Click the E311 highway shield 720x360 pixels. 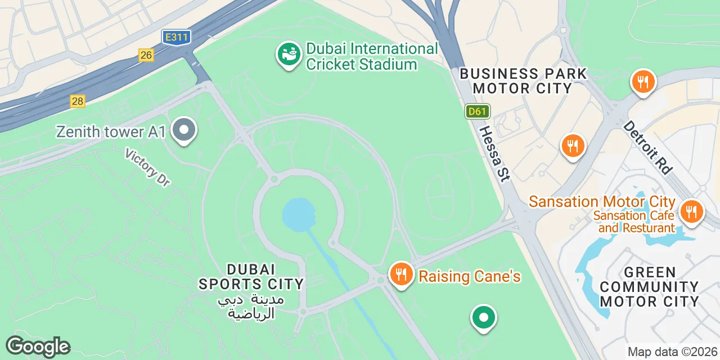(177, 38)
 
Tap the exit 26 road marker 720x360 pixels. (146, 55)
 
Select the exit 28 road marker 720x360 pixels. (78, 101)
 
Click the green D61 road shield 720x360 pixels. (477, 111)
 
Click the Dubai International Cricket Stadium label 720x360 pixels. (371, 56)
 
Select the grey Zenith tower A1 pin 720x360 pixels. (183, 130)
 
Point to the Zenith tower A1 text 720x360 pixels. (111, 132)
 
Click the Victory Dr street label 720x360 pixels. (147, 167)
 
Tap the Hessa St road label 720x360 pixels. (494, 153)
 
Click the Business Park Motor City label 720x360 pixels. (523, 81)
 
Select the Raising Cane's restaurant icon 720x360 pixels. (400, 275)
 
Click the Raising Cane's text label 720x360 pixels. (469, 276)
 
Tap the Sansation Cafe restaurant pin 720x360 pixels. (691, 213)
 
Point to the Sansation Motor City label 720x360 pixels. (602, 201)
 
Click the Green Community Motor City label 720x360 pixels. (649, 286)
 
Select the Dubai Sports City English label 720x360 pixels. (251, 276)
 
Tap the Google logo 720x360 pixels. (38, 346)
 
